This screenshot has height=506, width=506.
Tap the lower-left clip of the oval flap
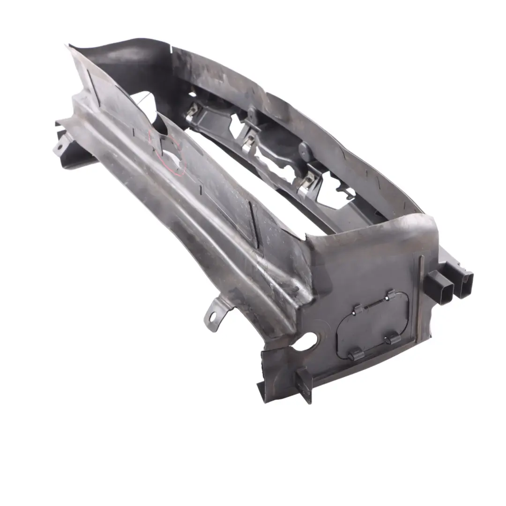[x=355, y=354]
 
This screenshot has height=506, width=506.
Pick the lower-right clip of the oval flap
[x=393, y=338]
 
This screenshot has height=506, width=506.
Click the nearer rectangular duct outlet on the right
[x=440, y=287]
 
